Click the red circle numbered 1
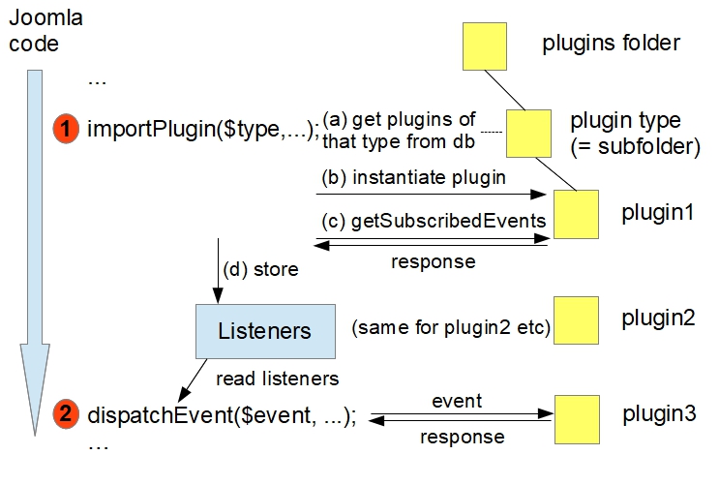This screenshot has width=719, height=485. tap(67, 128)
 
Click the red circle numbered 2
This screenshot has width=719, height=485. tap(67, 415)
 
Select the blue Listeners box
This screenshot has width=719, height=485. tap(264, 330)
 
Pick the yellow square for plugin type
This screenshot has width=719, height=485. tap(528, 132)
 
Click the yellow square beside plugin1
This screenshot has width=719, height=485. tap(576, 214)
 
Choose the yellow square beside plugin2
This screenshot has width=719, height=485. tap(576, 320)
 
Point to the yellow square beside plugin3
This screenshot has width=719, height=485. tap(577, 417)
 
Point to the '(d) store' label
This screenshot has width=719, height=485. tap(258, 269)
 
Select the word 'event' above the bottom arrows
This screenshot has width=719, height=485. tap(457, 399)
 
